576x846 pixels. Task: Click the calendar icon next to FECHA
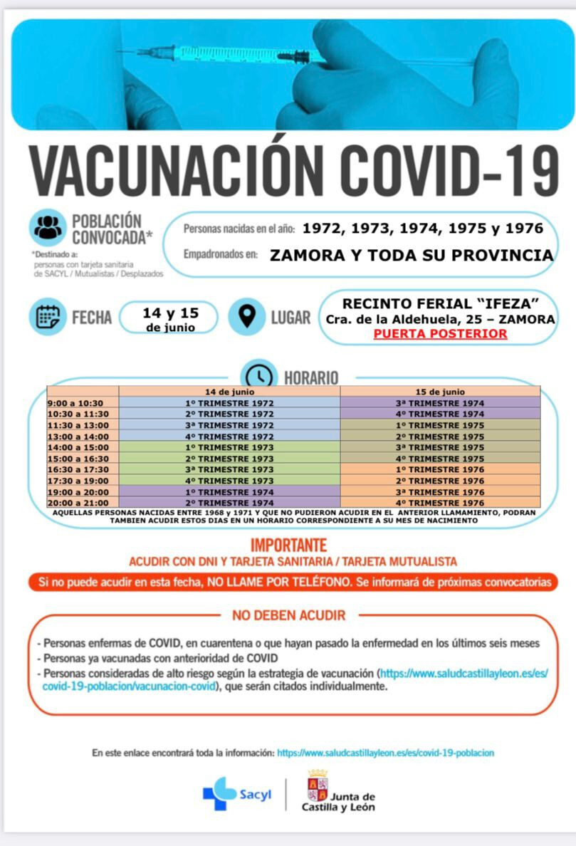point(48,317)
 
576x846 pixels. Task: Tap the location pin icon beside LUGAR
point(246,317)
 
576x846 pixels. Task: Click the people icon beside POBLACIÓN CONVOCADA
point(48,228)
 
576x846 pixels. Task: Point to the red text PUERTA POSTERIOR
point(441,333)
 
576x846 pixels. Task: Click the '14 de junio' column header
point(229,392)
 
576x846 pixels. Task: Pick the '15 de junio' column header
point(440,392)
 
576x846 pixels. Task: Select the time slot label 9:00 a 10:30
point(75,403)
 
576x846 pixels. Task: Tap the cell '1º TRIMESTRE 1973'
point(229,447)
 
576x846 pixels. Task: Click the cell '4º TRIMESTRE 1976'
point(440,503)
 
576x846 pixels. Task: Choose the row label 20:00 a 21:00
point(78,503)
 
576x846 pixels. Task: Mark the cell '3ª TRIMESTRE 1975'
point(440,447)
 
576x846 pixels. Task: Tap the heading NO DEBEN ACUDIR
point(288,615)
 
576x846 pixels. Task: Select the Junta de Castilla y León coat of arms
point(318,785)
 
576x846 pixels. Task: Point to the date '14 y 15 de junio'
point(169,318)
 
